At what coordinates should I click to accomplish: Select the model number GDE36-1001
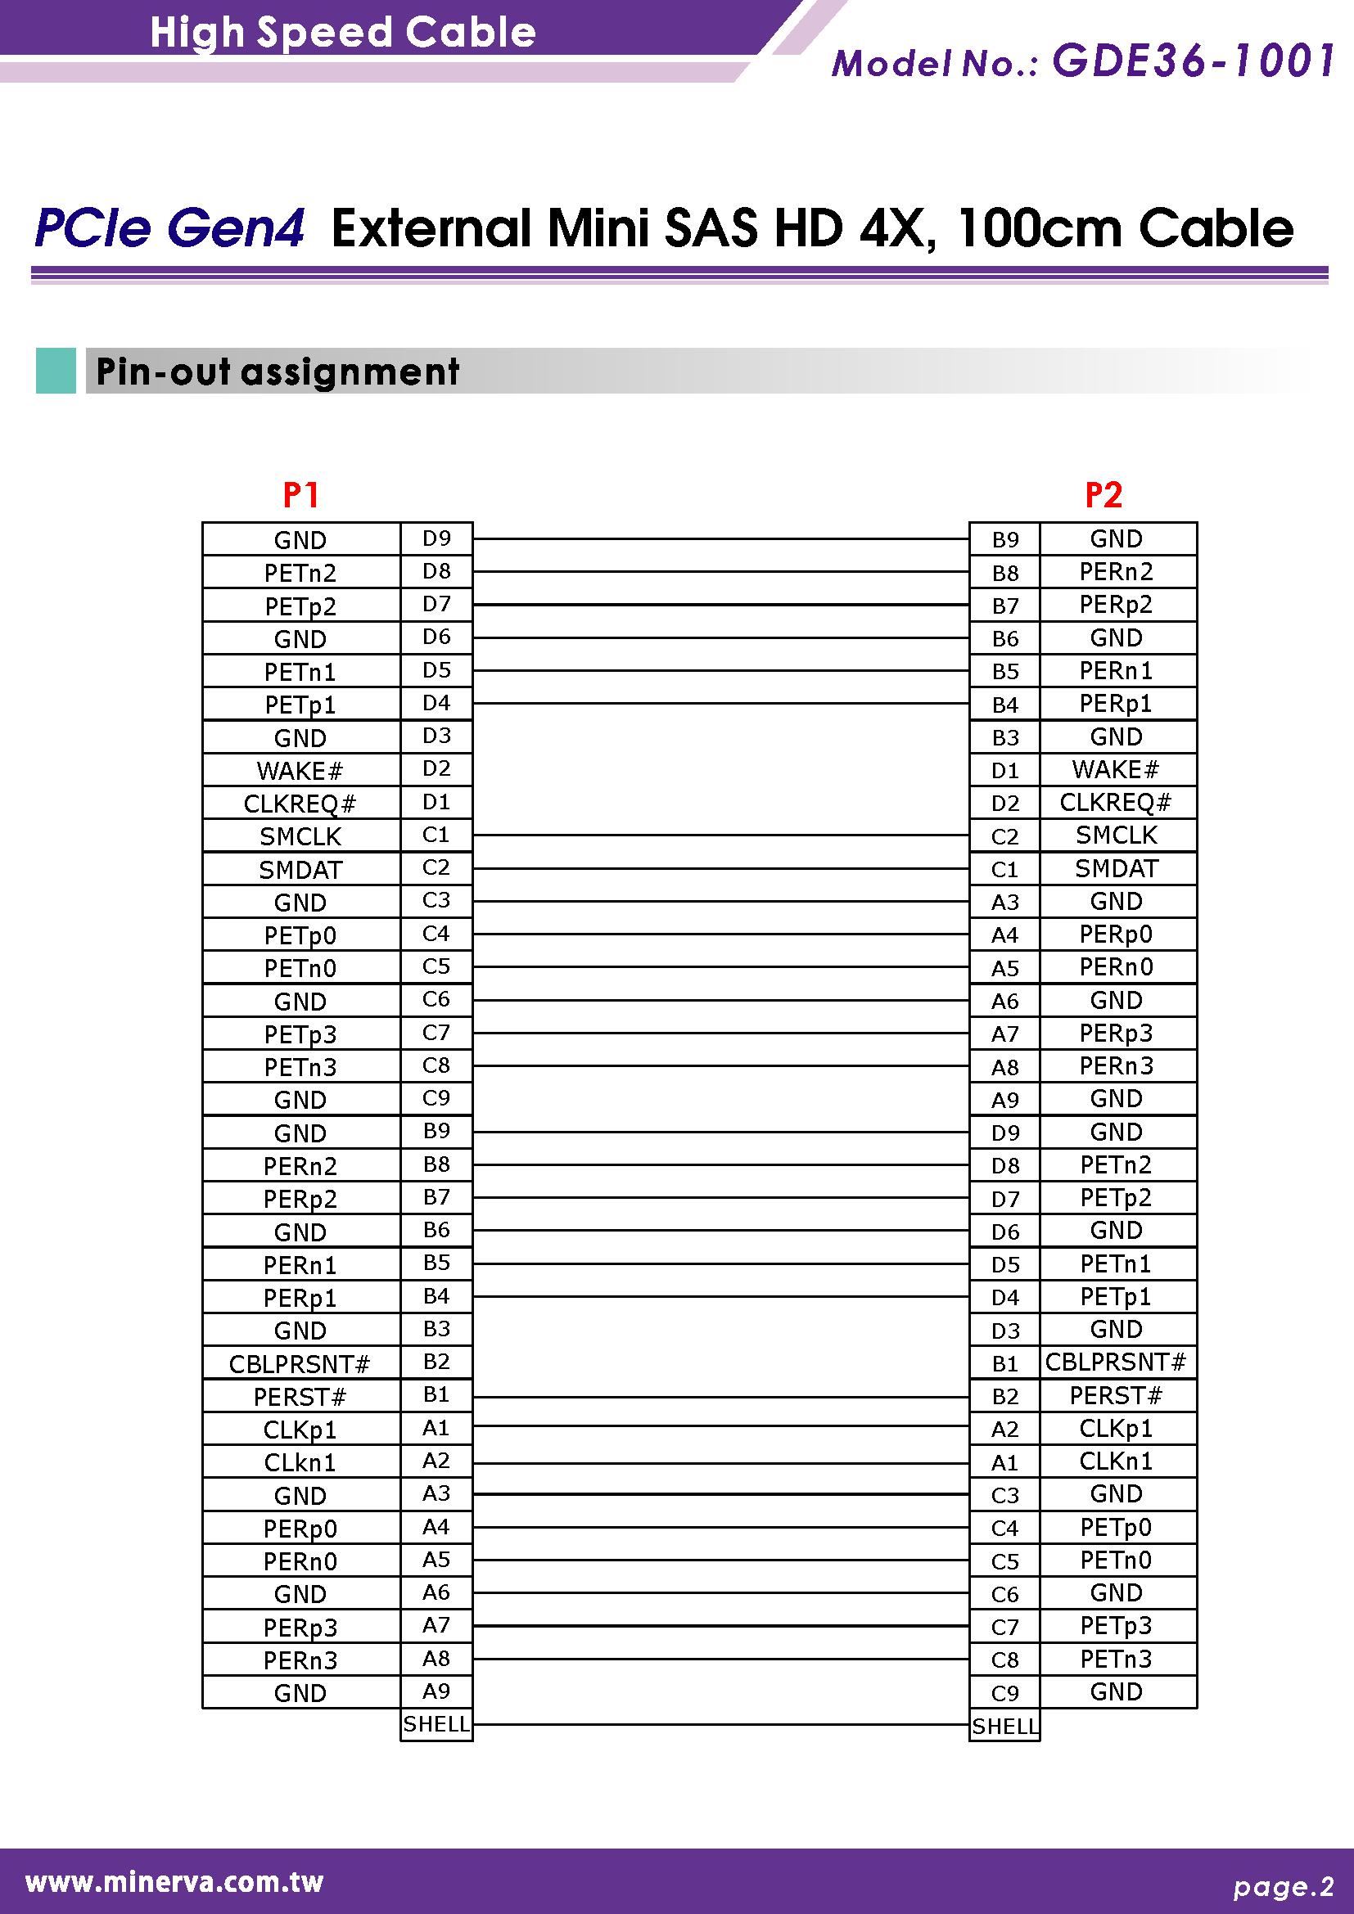click(x=1193, y=61)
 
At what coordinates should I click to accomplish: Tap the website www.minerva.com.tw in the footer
click(x=174, y=1881)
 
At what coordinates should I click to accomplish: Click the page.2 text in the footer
click(x=1284, y=1886)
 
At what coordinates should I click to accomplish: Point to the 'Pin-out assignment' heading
click(x=278, y=372)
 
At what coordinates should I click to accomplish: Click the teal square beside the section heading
click(x=56, y=371)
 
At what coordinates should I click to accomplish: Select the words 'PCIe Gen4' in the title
click(x=169, y=228)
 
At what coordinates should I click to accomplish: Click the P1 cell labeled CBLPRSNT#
click(x=300, y=1364)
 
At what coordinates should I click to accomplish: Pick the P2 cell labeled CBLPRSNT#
click(x=1116, y=1362)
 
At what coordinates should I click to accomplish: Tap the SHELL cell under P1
click(x=436, y=1724)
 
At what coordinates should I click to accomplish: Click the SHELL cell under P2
click(x=1004, y=1726)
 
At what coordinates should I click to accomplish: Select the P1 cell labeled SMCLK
click(x=300, y=836)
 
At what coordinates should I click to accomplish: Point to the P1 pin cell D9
click(x=436, y=538)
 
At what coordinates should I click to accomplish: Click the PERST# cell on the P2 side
click(x=1116, y=1395)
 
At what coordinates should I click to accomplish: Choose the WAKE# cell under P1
click(x=300, y=770)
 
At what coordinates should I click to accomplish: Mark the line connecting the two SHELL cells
click(x=720, y=1724)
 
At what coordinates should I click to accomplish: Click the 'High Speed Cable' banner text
click(x=343, y=32)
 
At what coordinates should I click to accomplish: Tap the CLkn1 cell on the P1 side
click(x=300, y=1462)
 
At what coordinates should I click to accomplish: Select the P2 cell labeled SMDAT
click(x=1116, y=869)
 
